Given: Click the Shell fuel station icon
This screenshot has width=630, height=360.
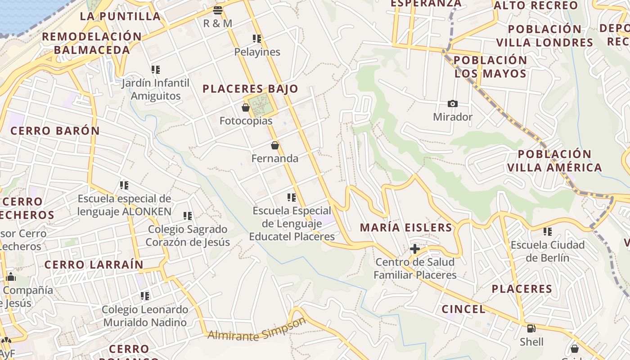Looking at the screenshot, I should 531,328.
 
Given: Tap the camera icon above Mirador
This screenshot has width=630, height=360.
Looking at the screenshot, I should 453,104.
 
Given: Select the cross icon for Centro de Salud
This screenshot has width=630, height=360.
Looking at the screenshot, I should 415,248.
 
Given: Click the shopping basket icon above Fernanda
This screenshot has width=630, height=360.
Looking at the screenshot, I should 275,145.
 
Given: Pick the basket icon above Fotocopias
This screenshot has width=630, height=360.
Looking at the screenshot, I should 246,108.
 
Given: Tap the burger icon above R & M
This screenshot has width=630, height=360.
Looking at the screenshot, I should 218,10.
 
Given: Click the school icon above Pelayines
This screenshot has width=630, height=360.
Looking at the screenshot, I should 257,39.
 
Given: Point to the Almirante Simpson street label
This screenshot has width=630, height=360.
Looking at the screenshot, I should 257,330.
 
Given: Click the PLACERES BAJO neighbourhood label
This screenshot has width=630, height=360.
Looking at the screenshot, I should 250,89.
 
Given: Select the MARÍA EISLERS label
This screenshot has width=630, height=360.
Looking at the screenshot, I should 406,228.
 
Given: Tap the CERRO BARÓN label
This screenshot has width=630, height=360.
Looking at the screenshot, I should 55,131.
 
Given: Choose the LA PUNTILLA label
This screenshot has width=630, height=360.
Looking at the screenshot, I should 120,17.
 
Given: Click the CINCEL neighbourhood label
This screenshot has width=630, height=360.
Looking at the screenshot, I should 463,309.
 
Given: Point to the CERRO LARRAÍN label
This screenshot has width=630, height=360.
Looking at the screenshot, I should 94,265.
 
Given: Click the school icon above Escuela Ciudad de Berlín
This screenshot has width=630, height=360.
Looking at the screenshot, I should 548,232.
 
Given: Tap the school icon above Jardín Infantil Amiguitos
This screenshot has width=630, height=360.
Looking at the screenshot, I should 156,70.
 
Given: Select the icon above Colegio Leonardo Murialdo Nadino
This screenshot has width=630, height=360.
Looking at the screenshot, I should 144,296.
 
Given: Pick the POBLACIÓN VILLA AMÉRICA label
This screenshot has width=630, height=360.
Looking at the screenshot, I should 554,161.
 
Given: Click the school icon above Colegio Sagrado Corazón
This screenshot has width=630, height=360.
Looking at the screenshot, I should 188,216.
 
